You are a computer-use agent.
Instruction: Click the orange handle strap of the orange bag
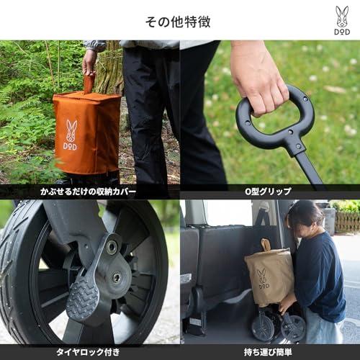click(89, 83)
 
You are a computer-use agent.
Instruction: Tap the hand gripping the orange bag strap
click(89, 63)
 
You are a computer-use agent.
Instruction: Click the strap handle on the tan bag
click(266, 246)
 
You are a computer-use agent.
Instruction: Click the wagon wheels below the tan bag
click(277, 326)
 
